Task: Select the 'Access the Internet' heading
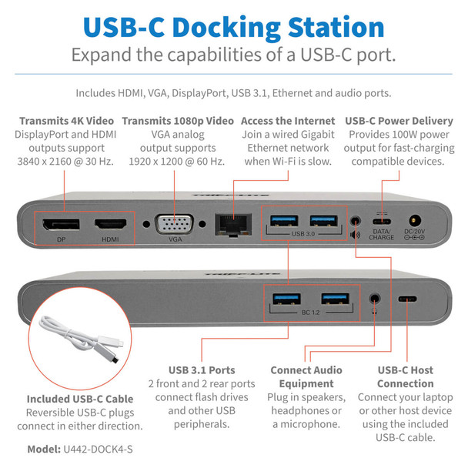tap(288, 121)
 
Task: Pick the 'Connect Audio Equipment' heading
tap(306, 376)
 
